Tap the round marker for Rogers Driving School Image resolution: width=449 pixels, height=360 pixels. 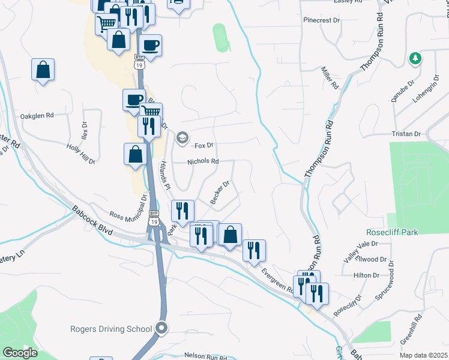(161, 328)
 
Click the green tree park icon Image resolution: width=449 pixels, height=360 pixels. (414, 58)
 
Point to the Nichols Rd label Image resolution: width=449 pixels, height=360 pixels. (203, 161)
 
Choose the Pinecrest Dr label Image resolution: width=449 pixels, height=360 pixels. (322, 20)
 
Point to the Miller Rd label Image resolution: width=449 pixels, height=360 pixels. (330, 79)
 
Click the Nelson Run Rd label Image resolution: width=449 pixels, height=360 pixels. (205, 357)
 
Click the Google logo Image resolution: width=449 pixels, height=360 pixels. (20, 353)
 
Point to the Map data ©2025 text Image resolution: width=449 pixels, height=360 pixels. (423, 355)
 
